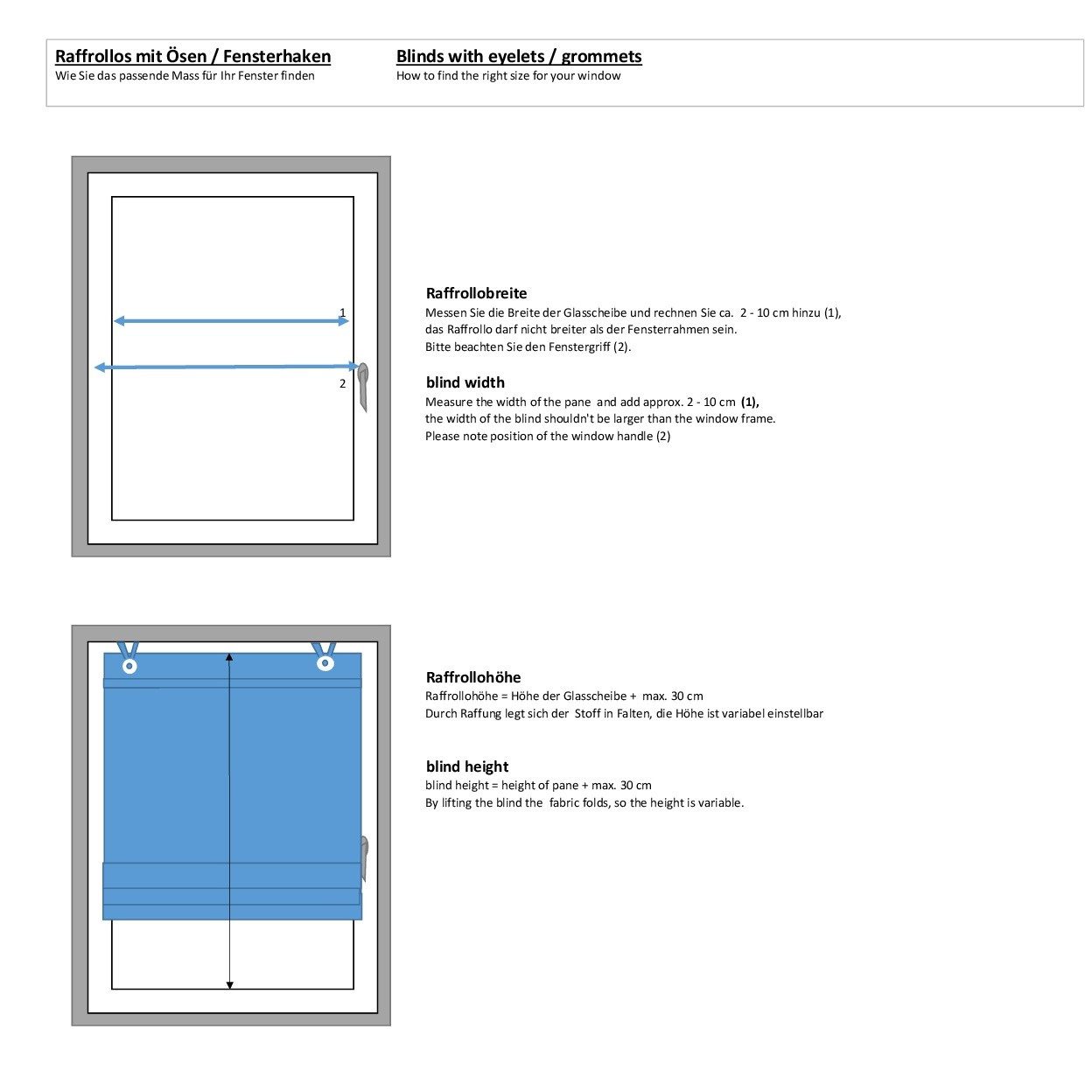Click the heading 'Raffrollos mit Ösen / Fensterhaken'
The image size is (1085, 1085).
192,56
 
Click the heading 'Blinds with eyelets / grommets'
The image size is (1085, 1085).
519,56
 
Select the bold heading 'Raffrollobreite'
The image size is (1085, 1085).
476,293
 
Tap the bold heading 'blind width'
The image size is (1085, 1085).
465,382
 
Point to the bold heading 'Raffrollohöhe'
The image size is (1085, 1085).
473,676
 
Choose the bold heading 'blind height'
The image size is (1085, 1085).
466,766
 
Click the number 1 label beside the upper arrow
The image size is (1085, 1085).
342,312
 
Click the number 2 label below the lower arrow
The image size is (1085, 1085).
342,383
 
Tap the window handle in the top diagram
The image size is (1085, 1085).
363,387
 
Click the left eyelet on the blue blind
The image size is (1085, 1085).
129,666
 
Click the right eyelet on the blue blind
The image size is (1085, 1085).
325,662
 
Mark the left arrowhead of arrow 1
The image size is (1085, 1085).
119,321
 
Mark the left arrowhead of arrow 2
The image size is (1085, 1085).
99,367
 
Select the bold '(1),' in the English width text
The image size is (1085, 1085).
749,402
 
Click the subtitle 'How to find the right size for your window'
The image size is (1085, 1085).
507,75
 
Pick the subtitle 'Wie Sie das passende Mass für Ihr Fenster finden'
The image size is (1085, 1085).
185,75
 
